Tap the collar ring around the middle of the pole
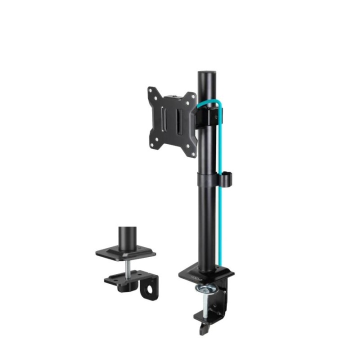pos(206,178)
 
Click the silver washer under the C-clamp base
pos(206,288)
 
